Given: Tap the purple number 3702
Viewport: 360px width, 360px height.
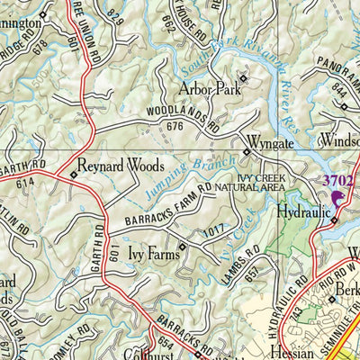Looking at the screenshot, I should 339,180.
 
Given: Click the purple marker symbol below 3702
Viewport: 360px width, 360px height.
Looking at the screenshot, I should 338,199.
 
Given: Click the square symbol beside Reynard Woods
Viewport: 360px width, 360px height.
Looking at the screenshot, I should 73,174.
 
